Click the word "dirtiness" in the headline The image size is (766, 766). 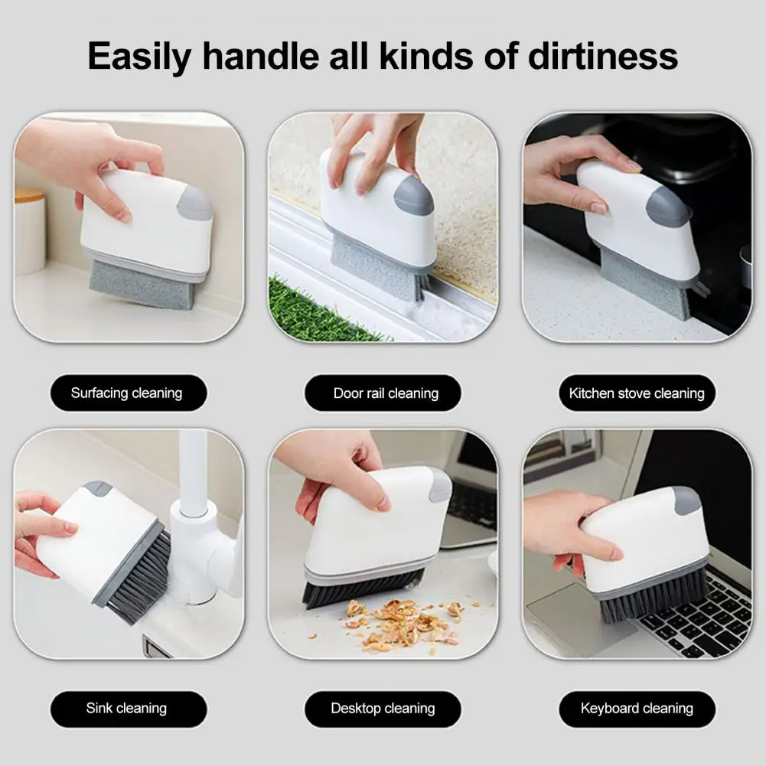[x=603, y=56]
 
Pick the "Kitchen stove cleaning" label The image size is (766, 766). [x=637, y=393]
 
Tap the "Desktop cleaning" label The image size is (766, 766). [x=383, y=709]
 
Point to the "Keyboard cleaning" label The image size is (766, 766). [x=637, y=709]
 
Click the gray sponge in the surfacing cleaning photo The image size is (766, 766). [x=142, y=285]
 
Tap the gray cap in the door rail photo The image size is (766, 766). [x=413, y=195]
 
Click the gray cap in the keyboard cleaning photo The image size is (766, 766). [x=687, y=500]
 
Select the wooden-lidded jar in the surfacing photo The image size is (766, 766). [x=31, y=230]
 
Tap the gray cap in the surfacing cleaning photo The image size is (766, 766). [x=195, y=203]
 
